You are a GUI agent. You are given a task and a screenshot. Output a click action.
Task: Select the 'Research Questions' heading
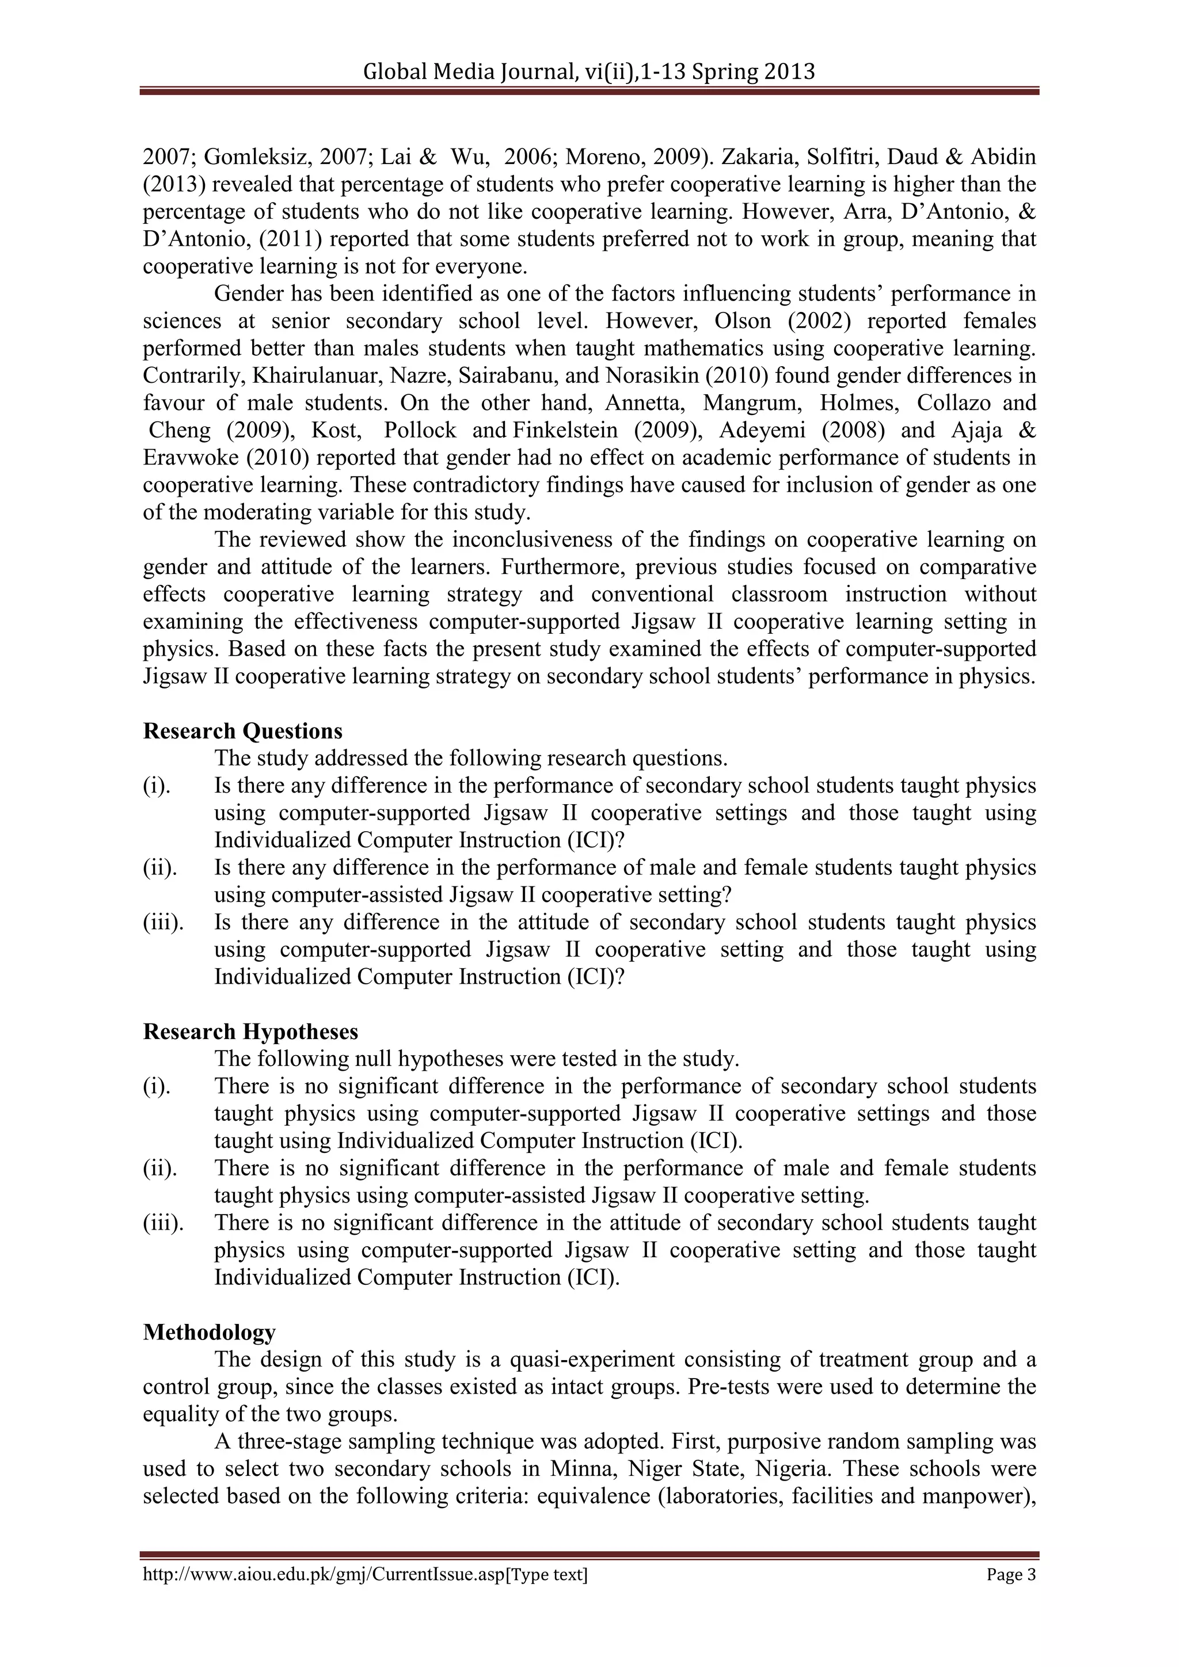click(242, 730)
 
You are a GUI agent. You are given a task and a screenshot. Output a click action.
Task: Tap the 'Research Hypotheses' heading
click(250, 1031)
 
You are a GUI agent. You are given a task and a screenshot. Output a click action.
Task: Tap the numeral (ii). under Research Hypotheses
click(159, 1168)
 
